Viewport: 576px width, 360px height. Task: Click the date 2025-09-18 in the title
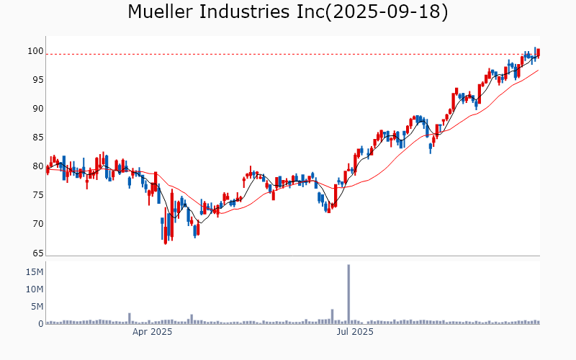[x=386, y=12]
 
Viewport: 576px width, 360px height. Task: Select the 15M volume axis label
[x=35, y=272]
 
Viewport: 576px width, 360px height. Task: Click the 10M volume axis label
[x=35, y=289]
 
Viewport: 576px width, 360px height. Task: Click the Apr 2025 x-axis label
[x=152, y=333]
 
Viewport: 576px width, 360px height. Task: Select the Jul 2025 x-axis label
[x=356, y=333]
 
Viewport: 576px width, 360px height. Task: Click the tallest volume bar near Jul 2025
[x=348, y=294]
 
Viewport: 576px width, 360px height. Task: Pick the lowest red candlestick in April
[x=166, y=233]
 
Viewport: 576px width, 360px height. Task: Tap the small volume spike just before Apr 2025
[x=130, y=318]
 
